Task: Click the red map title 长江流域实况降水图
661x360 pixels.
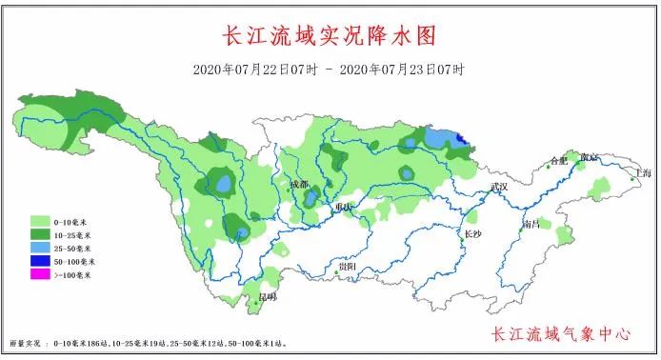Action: [329, 35]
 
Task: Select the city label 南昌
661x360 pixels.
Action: [531, 224]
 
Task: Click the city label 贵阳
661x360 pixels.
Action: [348, 267]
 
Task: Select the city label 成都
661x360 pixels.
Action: [299, 182]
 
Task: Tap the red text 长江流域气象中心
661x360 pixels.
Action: [561, 334]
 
